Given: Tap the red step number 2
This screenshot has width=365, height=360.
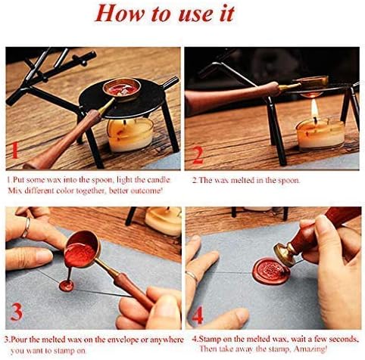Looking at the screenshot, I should point(198,154).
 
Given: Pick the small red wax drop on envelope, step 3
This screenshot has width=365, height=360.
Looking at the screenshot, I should point(67,286).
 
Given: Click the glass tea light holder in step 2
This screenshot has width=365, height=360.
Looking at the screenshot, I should point(319,134).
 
